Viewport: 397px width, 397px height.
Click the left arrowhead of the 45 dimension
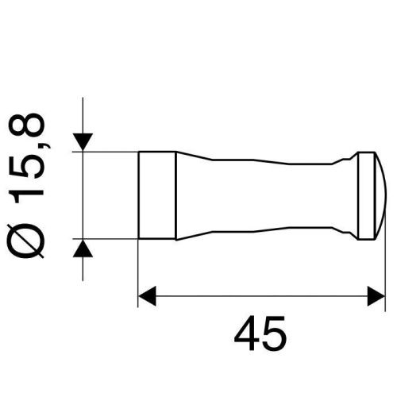click(148, 299)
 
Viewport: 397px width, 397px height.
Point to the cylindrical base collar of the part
click(157, 195)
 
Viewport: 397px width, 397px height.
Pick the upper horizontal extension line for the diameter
click(111, 151)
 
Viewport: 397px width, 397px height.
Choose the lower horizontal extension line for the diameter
click(111, 238)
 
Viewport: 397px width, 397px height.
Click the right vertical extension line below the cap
click(376, 270)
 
